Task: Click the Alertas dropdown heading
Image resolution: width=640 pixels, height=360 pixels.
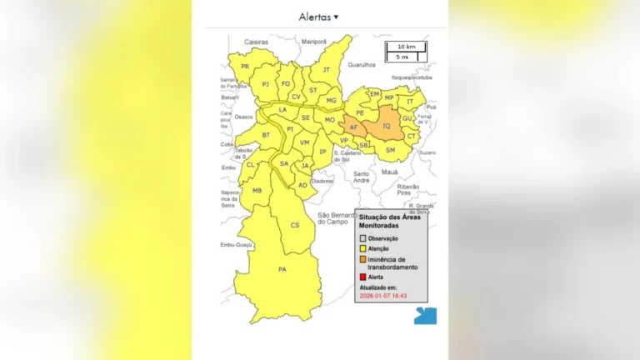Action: tap(319, 17)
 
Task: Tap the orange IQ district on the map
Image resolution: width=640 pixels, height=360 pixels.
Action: tap(385, 125)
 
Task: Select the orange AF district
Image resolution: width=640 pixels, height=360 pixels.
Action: tap(353, 127)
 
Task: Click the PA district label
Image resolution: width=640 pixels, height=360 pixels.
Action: tap(282, 269)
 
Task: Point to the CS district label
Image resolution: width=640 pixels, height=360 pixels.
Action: tap(295, 225)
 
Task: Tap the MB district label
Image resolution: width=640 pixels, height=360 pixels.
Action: tap(257, 190)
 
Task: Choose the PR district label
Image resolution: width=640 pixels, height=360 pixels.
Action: tap(245, 67)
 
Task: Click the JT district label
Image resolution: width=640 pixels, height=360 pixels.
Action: tap(327, 70)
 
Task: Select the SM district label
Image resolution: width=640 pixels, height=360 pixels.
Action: tap(390, 149)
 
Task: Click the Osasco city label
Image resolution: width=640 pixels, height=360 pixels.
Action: tap(244, 117)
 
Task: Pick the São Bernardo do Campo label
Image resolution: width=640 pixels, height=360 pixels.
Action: tap(343, 218)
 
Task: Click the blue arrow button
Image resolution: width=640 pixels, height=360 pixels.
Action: tap(425, 316)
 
